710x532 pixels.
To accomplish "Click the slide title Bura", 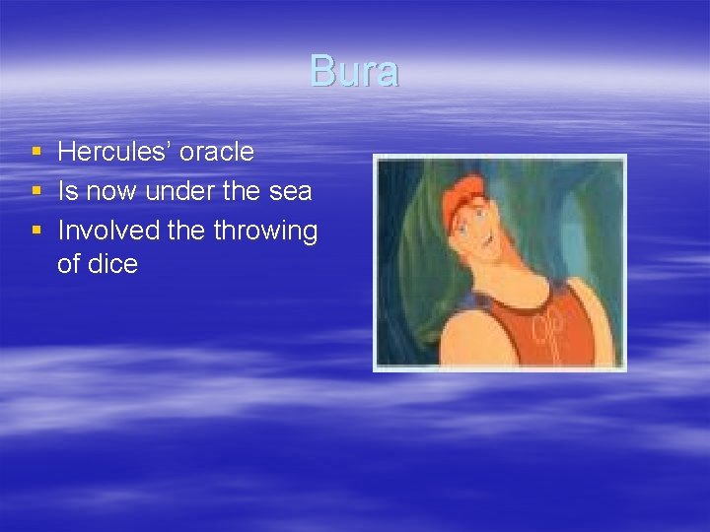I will click(x=354, y=72).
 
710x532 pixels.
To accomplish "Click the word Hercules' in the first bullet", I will click(x=114, y=152).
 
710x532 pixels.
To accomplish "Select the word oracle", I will click(x=217, y=152).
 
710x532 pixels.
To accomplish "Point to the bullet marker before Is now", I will click(x=36, y=191).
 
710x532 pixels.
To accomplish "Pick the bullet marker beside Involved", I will click(x=36, y=231).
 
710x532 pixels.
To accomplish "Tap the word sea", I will click(x=289, y=191).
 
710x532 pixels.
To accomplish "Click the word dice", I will click(x=112, y=264).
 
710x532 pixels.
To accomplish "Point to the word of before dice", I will click(x=68, y=264).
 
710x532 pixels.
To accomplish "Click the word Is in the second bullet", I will click(x=67, y=191).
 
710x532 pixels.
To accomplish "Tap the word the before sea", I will click(x=242, y=191).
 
